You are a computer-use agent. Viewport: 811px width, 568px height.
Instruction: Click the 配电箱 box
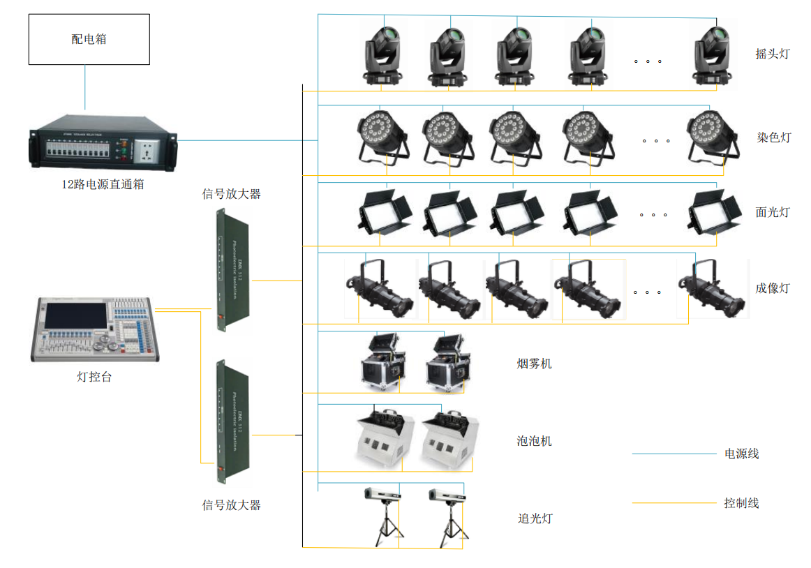[89, 39]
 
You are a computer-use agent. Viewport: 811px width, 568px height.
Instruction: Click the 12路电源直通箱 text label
[103, 186]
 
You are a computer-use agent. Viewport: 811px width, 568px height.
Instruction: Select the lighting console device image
[91, 329]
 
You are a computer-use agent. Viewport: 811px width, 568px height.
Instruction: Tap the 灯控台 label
[94, 378]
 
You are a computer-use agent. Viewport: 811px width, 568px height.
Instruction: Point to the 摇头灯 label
[773, 54]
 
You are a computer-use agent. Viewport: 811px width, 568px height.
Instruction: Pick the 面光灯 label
[773, 212]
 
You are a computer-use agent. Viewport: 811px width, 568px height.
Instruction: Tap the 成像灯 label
[773, 287]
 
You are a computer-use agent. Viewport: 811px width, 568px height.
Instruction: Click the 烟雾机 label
[534, 364]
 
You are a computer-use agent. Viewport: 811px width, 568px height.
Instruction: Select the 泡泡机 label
[534, 441]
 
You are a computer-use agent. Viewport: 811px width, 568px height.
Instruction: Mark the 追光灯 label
[535, 518]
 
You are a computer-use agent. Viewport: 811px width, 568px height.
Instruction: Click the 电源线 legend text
[741, 454]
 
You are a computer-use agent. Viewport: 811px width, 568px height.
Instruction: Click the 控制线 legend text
[741, 503]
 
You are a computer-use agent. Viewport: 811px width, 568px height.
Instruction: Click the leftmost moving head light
[384, 56]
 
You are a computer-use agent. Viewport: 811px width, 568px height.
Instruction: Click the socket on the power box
[149, 149]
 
